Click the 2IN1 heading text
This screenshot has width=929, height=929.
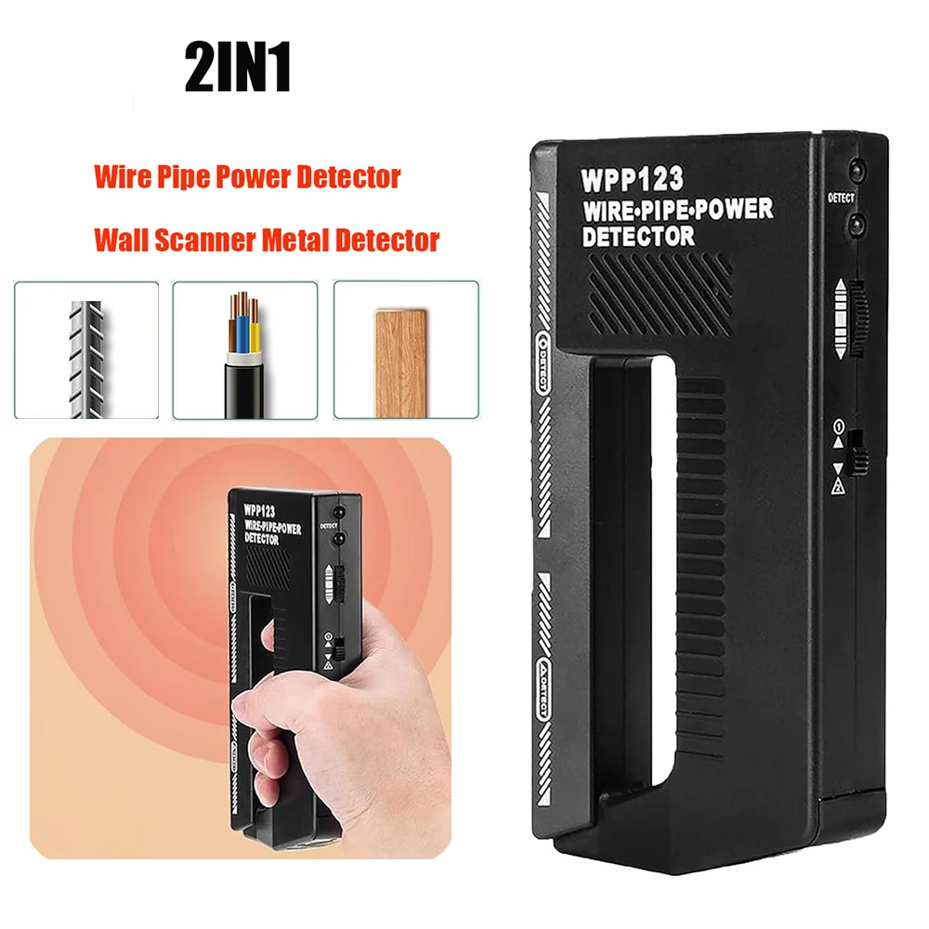(239, 68)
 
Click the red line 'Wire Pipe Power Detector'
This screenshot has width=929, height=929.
(247, 177)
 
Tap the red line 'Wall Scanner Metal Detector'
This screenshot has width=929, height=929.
(267, 240)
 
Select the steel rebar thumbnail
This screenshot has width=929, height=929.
(86, 349)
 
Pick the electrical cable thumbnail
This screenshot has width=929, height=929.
(245, 349)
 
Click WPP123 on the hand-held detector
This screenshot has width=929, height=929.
(264, 511)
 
